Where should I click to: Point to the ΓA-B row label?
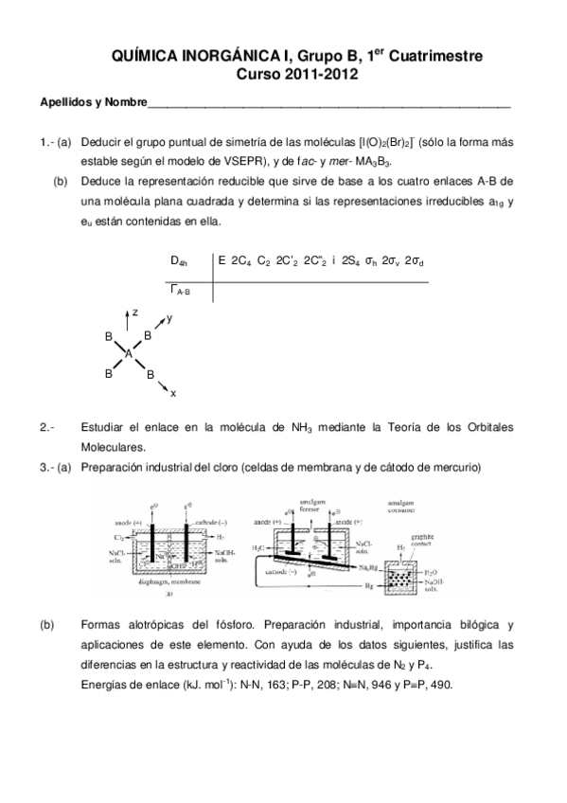[180, 290]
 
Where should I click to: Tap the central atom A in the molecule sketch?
[130, 352]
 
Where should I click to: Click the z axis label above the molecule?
[135, 311]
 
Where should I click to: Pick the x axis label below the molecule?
[173, 393]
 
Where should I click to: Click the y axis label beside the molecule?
[169, 319]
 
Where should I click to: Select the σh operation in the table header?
[371, 260]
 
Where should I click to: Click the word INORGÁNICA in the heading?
[215, 57]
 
